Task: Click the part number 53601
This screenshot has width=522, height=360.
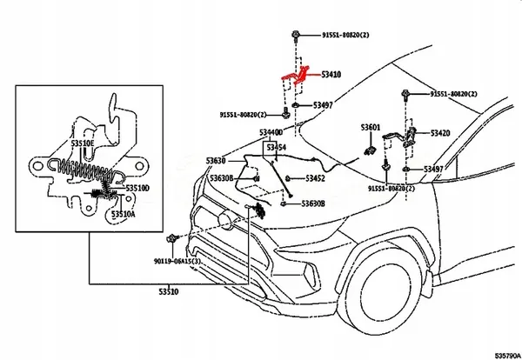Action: pos(371,128)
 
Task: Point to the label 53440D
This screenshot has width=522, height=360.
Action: pos(271,132)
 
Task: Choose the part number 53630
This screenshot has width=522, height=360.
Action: pos(216,161)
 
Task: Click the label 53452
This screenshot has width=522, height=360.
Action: pos(314,178)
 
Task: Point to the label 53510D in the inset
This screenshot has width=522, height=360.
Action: pos(137,187)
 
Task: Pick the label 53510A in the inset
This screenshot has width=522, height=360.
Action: pos(124,214)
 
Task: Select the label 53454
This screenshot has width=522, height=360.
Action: pos(276,149)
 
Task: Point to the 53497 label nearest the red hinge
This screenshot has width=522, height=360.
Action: pos(322,105)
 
